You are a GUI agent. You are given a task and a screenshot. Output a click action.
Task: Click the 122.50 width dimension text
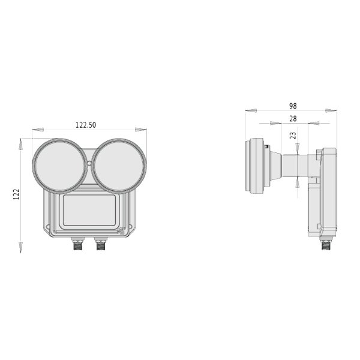click(x=86, y=125)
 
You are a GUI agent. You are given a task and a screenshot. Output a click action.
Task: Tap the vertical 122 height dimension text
click(x=16, y=194)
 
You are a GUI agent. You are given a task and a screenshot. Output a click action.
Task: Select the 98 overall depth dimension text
click(x=292, y=106)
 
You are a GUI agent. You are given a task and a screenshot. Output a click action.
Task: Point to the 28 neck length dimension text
click(x=292, y=119)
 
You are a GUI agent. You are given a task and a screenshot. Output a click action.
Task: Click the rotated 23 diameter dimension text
click(x=293, y=136)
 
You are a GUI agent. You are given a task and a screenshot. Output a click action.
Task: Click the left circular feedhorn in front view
click(x=59, y=166)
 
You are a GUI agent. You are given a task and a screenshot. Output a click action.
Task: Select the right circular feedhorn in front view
click(x=119, y=166)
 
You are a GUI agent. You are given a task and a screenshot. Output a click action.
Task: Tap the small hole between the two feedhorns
click(x=89, y=163)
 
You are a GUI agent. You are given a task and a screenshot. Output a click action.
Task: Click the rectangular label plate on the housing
click(x=89, y=210)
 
